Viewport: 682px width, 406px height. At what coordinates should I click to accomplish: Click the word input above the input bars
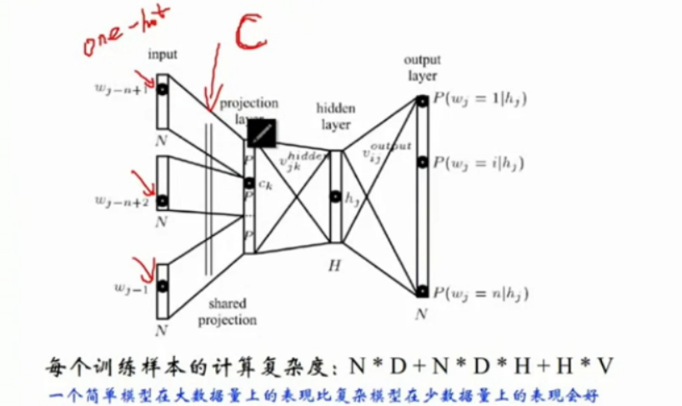point(163,56)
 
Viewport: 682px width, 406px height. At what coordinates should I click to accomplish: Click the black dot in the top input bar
point(163,87)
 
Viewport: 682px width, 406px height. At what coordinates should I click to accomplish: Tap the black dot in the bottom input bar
point(163,287)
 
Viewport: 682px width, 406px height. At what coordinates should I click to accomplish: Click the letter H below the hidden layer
point(335,264)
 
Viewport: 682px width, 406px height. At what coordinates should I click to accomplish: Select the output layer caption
point(421,68)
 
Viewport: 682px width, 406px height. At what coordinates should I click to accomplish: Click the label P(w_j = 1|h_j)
point(480,99)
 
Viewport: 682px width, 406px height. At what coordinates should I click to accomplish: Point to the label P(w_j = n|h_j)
point(481,293)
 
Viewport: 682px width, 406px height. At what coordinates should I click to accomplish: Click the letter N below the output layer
point(422,314)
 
